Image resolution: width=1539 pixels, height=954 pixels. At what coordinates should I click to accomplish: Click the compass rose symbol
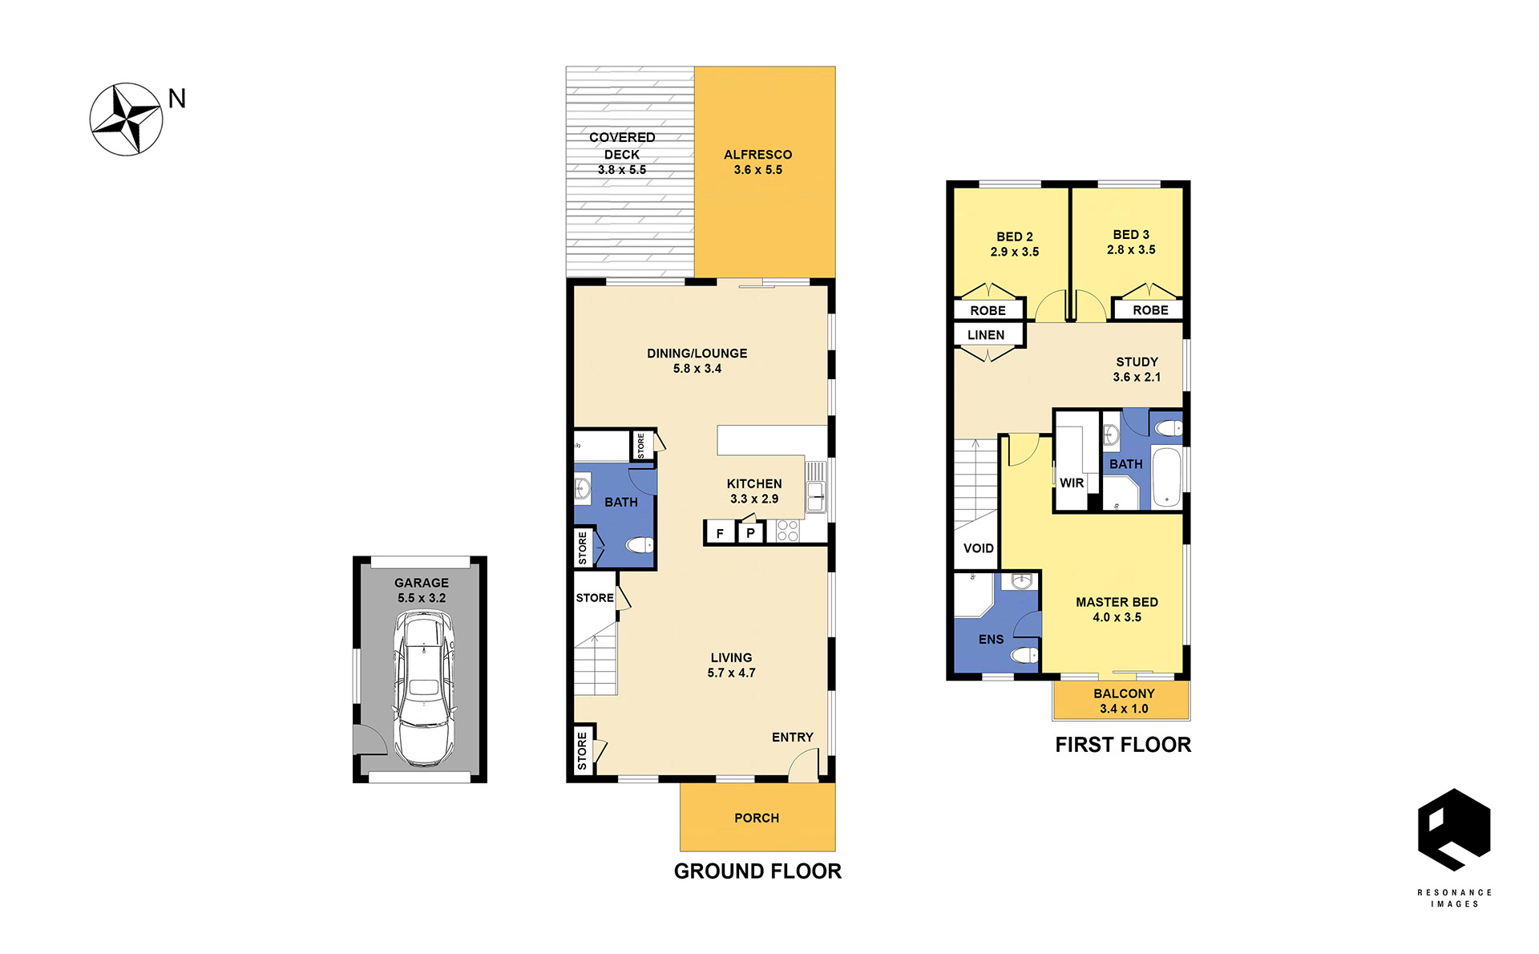click(x=126, y=119)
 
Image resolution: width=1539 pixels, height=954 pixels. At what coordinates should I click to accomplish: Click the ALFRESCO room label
click(x=757, y=155)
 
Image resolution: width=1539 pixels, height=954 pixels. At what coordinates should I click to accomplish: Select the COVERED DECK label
click(x=622, y=146)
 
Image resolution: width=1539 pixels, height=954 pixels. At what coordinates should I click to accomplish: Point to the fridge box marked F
click(x=720, y=533)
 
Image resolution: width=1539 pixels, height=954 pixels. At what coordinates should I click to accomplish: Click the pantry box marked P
click(x=750, y=533)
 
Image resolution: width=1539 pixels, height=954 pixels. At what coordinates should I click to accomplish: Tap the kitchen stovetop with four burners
click(x=787, y=531)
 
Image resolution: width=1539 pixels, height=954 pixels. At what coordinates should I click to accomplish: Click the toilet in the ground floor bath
click(x=640, y=545)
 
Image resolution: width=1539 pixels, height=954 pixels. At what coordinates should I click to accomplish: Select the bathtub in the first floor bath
click(x=1167, y=479)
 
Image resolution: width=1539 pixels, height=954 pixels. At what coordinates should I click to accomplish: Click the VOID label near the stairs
click(x=978, y=548)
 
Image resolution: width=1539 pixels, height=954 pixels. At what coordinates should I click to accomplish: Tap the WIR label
click(x=1072, y=483)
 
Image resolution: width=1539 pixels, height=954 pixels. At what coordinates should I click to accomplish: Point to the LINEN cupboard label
click(x=986, y=335)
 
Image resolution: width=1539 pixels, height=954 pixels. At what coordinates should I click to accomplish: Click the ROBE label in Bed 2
click(x=988, y=311)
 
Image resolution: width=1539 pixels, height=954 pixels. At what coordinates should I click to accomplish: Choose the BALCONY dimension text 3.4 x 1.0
click(x=1124, y=709)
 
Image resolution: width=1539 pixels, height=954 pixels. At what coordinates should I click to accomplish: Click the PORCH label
click(x=757, y=818)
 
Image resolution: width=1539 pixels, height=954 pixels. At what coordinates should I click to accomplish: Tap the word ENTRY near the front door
click(x=793, y=738)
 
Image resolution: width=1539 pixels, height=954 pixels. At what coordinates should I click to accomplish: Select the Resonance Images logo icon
click(x=1454, y=830)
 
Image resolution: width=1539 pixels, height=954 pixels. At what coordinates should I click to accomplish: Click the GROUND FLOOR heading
click(x=757, y=871)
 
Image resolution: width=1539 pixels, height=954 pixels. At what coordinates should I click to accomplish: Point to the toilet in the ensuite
click(x=1024, y=655)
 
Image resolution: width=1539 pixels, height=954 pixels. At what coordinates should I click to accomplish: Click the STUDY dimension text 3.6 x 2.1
click(x=1137, y=378)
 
